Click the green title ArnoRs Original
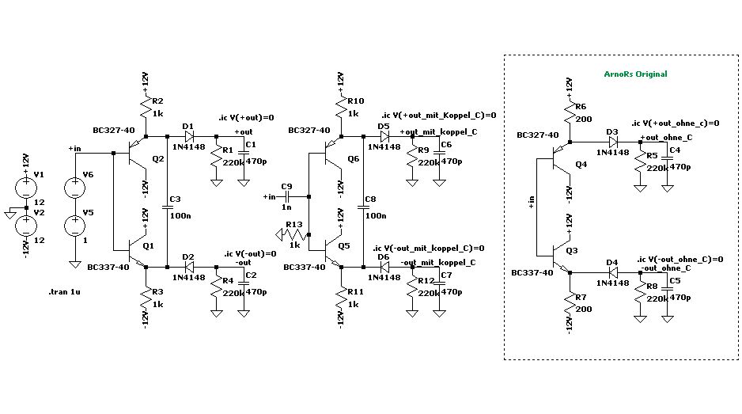click(x=635, y=74)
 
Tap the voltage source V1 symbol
click(x=25, y=187)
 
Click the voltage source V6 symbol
click(x=76, y=187)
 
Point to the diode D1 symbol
click(x=189, y=137)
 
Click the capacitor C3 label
click(x=175, y=198)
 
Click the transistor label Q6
click(x=353, y=160)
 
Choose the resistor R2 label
click(x=157, y=101)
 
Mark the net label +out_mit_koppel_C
click(x=438, y=132)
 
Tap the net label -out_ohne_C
click(x=665, y=268)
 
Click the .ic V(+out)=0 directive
click(x=246, y=118)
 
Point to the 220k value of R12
click(x=429, y=293)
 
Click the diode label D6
click(x=384, y=256)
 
